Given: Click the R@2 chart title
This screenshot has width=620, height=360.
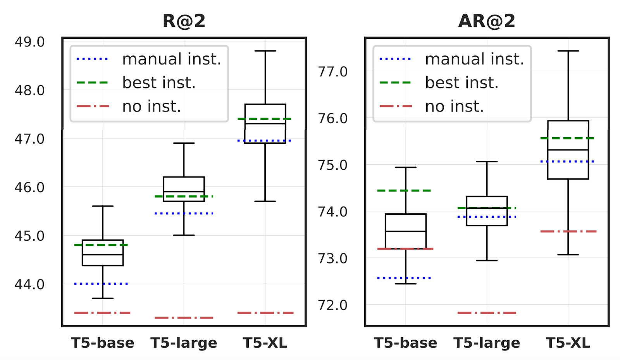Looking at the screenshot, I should pos(184,21).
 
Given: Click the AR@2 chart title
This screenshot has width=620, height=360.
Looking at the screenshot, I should pos(487,21).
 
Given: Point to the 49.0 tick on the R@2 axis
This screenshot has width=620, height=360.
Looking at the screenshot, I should pos(29,42).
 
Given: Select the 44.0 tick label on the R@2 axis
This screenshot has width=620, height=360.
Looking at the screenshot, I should pos(29,284).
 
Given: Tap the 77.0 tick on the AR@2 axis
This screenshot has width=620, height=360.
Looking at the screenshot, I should pos(332,72).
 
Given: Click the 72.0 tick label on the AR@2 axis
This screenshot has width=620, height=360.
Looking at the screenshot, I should pos(332,305).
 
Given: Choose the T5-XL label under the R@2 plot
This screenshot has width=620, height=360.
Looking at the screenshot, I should pos(265,343).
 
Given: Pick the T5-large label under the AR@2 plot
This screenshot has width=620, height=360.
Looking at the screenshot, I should pos(487,343).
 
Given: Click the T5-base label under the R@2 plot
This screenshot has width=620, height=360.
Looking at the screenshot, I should pos(103,343).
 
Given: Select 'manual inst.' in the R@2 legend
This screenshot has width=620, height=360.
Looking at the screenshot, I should pos(171,59).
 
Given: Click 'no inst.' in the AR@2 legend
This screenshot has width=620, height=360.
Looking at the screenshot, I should pos(454,106).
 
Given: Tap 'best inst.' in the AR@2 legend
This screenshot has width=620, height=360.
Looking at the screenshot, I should pos(462,83).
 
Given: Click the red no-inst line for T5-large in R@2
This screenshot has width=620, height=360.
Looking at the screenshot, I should pos(184,318).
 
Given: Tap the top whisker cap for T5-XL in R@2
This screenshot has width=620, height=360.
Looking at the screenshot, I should pos(265,51).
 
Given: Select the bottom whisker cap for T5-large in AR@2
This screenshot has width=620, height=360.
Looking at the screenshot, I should pos(487,260).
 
